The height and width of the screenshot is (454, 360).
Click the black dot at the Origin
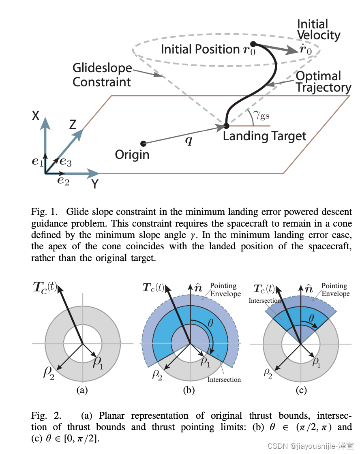tap(143, 143)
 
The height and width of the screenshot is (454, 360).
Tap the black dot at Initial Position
tap(253, 43)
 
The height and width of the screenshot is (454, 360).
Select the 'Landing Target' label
tap(264, 136)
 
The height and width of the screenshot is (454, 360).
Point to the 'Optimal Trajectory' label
tap(323, 81)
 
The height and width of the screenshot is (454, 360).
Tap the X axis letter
tap(36, 116)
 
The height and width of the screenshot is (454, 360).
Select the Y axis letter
tap(94, 184)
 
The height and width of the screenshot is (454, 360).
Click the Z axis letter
tap(73, 124)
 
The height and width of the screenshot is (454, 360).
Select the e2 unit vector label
tap(63, 181)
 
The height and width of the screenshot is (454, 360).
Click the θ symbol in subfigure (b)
tap(210, 323)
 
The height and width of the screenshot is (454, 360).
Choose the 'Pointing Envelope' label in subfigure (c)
tap(335, 289)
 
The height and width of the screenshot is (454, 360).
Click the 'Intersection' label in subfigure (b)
tap(224, 379)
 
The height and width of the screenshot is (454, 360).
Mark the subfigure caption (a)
tap(82, 390)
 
